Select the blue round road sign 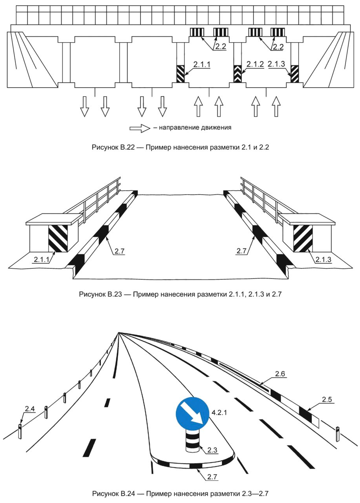click(x=192, y=416)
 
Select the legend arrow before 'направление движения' click(x=140, y=128)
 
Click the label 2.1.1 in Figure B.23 click(x=42, y=259)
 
